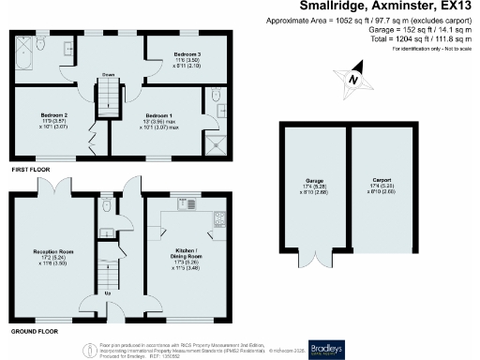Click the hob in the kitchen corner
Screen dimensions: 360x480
click(x=220, y=219)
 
